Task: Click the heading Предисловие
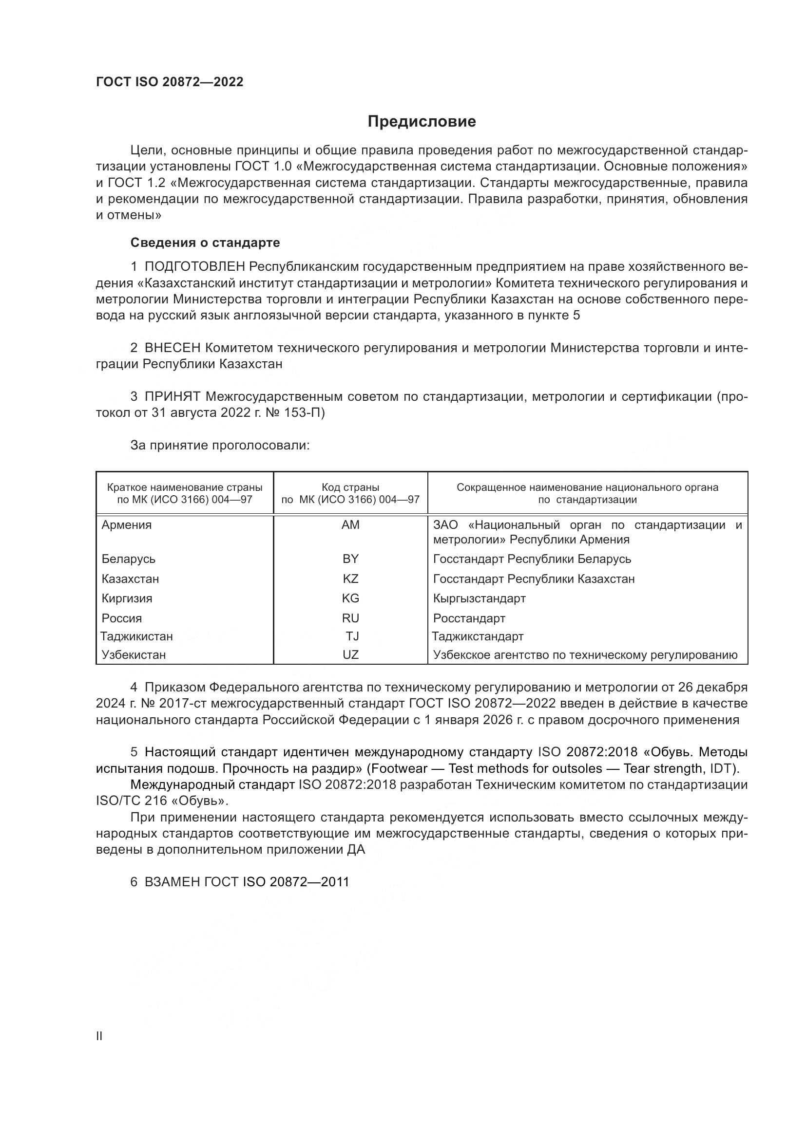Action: (422, 122)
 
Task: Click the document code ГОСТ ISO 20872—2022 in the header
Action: (170, 82)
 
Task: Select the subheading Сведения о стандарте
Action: (205, 243)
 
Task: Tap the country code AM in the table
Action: (350, 525)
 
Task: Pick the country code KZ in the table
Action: (350, 579)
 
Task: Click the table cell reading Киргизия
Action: (127, 598)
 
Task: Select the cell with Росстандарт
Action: (469, 618)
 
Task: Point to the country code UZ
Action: (350, 655)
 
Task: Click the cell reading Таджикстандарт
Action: (478, 636)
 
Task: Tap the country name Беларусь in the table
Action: (129, 559)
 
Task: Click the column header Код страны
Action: (350, 487)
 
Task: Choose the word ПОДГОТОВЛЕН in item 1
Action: (194, 267)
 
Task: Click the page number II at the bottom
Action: (99, 1036)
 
